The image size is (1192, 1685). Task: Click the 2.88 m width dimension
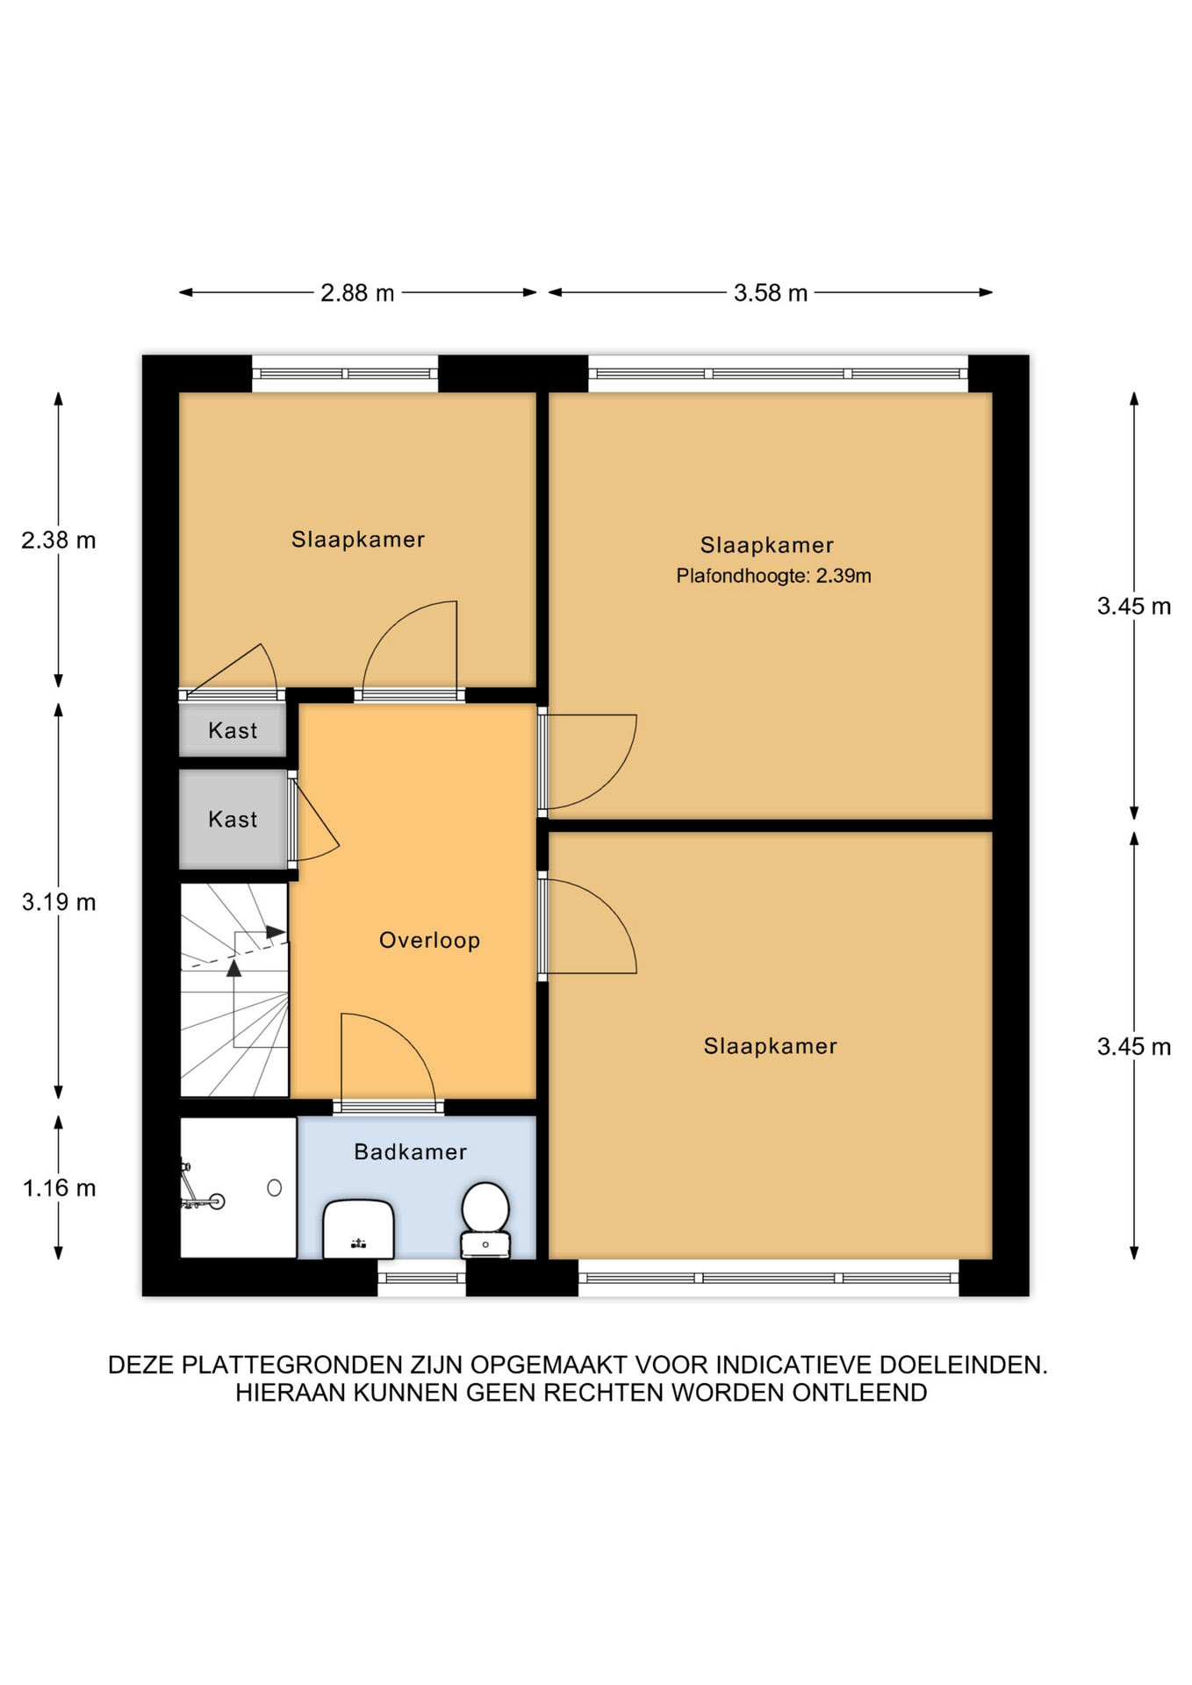tap(357, 292)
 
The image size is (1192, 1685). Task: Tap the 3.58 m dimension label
tap(771, 292)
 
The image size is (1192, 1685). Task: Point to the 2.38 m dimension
tap(59, 540)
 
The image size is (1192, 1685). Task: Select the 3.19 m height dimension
tap(59, 901)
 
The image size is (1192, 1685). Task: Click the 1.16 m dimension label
tap(59, 1187)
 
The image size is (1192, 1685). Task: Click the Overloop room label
tap(429, 940)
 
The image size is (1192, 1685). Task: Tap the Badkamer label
tap(410, 1151)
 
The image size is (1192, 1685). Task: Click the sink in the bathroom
tap(358, 1229)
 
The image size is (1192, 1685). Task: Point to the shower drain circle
tap(275, 1187)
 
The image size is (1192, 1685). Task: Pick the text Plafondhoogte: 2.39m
tap(773, 576)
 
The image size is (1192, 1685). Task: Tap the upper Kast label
tap(233, 730)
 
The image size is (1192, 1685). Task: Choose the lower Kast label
tap(233, 819)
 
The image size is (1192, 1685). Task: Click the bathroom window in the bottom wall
tap(422, 1278)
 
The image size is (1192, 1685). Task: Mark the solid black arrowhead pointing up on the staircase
tap(233, 968)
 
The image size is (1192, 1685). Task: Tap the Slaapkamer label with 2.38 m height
tap(358, 539)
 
